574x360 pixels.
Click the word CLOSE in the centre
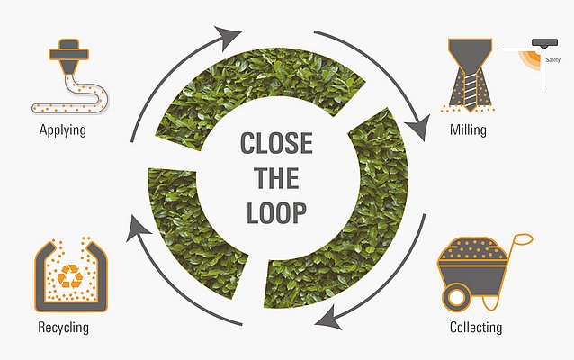coord(276,143)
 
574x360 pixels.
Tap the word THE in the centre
coord(276,178)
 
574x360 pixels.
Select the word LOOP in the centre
coord(276,213)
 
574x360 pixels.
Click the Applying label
coord(63,130)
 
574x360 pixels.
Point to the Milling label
coord(468,130)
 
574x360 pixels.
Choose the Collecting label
coord(476,327)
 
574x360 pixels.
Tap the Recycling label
coord(63,328)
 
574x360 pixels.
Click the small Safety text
coord(552,59)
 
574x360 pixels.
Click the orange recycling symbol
coord(70,276)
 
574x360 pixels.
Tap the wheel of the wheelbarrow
coord(456,298)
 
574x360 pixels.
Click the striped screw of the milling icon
coord(470,93)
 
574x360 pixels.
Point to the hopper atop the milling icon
coord(470,53)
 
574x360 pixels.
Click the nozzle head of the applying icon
coord(68,55)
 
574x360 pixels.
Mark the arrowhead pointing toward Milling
coord(418,127)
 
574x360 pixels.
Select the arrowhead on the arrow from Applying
coord(227,37)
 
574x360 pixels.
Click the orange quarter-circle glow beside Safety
coord(530,58)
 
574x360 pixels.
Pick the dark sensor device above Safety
coord(544,43)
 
